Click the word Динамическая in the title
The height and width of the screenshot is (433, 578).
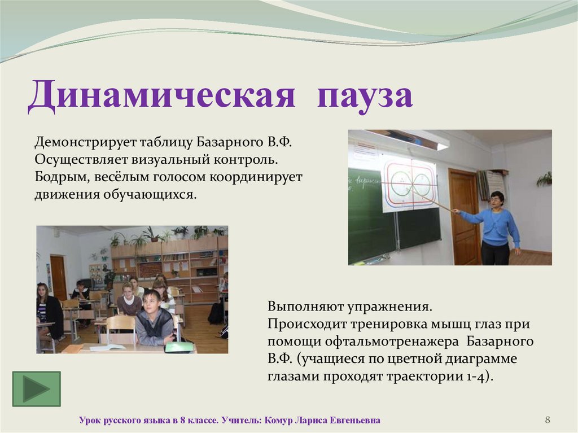161,96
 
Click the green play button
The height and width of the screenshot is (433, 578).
37,389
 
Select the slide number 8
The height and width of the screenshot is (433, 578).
548,419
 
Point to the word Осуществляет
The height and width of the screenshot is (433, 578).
81,160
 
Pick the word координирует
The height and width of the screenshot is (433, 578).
256,177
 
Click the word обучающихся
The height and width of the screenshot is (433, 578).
150,194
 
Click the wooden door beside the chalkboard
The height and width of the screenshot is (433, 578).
464,211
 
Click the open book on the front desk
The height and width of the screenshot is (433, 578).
108,347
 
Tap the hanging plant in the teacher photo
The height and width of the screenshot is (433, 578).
545,180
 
